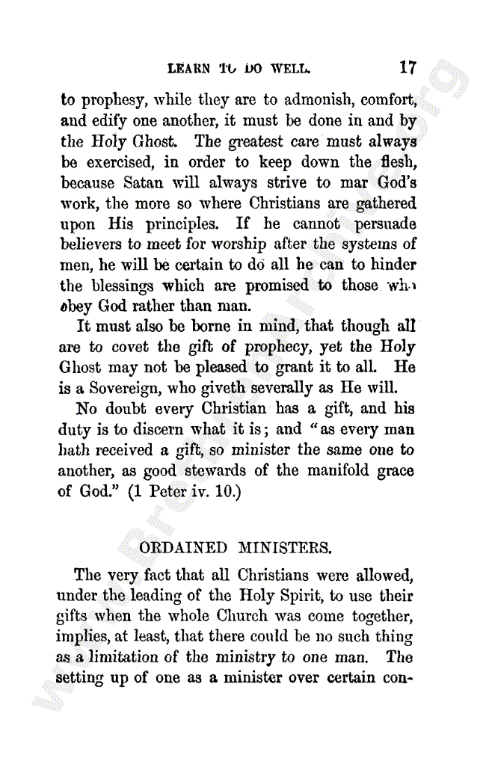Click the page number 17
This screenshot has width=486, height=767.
coord(407,68)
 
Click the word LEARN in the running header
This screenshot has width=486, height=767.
coord(187,69)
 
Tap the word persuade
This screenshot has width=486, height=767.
coord(384,224)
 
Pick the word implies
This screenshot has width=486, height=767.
coord(79,637)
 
